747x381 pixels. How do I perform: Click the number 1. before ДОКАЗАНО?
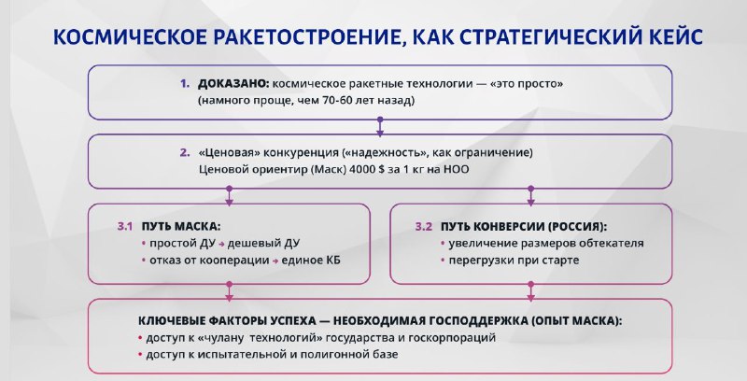(185, 84)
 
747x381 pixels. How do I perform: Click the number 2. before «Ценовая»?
(185, 153)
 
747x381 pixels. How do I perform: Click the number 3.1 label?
(125, 227)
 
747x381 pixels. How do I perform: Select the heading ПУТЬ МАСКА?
(180, 227)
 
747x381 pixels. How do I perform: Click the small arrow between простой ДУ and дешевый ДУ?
(221, 245)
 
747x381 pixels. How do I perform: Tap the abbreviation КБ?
(333, 261)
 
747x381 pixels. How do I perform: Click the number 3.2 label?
(424, 227)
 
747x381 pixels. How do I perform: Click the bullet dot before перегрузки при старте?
(443, 261)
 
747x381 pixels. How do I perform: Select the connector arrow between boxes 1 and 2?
(380, 127)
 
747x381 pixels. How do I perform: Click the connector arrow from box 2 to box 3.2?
(530, 196)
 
